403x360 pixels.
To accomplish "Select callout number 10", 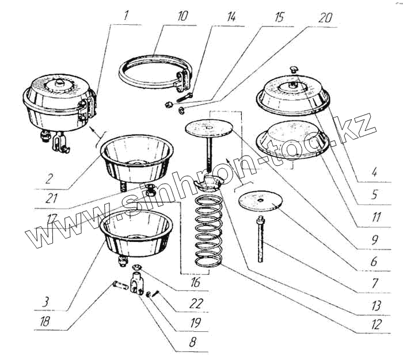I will pos(183,17).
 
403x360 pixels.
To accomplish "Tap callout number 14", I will pos(231,17).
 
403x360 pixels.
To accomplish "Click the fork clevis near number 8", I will pos(136,284).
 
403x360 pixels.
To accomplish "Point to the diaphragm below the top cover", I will pos(293,139).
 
